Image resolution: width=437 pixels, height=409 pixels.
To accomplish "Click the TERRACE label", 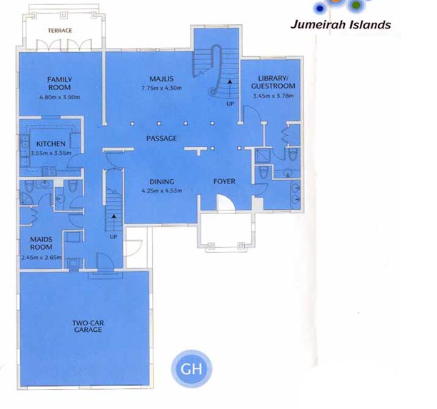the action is click(60, 31).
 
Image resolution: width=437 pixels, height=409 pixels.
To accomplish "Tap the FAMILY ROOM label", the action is click(60, 84).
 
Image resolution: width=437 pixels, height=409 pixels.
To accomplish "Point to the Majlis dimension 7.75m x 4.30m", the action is click(161, 89).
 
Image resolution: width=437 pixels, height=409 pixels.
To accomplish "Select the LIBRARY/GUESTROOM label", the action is click(273, 82).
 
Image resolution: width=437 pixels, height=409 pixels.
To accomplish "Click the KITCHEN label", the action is click(51, 144).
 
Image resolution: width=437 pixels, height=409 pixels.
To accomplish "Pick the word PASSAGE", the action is click(161, 138).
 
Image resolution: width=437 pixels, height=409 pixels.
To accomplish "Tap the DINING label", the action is click(161, 182).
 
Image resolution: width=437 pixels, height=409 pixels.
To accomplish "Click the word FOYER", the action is click(224, 181).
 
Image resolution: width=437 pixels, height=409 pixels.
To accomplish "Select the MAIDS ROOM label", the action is click(41, 243).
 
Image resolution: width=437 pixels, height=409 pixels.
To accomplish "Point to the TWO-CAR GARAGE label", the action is click(88, 326).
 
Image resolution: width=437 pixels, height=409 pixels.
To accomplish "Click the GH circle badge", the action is click(191, 369).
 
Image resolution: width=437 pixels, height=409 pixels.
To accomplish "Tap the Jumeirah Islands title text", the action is click(341, 25).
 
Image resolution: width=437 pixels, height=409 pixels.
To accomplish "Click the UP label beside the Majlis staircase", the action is click(230, 104).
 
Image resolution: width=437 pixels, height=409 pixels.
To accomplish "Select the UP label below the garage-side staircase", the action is click(114, 237).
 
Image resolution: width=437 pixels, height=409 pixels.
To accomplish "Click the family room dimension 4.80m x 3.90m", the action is click(60, 98).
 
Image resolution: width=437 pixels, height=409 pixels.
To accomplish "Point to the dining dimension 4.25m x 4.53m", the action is click(161, 191).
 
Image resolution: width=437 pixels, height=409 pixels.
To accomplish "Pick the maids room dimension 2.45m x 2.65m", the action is click(41, 258).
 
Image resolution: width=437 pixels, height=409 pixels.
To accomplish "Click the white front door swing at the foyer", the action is click(226, 203).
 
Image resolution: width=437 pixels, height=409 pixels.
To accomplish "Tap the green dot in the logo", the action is click(356, 5).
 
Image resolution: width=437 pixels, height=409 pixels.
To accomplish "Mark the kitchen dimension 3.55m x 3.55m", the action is click(51, 153).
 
